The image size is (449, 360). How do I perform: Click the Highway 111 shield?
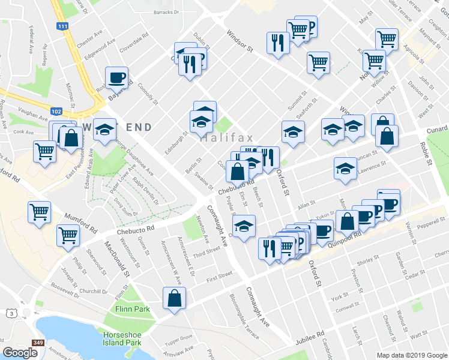tap(62, 26)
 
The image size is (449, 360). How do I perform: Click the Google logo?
tap(20, 353)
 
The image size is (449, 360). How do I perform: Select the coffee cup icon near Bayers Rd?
tap(116, 77)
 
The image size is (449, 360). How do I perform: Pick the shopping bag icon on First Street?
tap(174, 298)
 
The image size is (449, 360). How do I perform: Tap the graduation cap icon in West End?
tap(105, 131)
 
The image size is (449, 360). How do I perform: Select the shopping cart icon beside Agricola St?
tap(387, 40)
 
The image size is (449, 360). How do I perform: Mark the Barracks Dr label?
tap(166, 11)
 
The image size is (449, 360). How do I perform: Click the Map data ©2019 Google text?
tap(411, 355)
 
